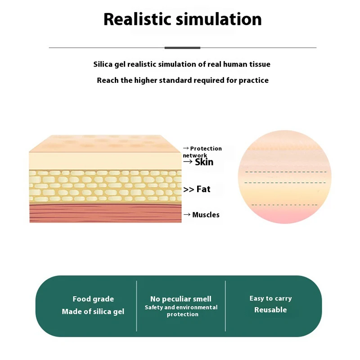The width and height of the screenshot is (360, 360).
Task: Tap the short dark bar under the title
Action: pyautogui.click(x=182, y=47)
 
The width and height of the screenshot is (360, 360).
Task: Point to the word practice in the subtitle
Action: pyautogui.click(x=253, y=81)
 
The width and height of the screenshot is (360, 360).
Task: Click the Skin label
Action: pyautogui.click(x=204, y=162)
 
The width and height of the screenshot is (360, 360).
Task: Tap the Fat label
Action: pyautogui.click(x=203, y=189)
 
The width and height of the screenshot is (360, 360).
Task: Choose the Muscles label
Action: pyautogui.click(x=206, y=215)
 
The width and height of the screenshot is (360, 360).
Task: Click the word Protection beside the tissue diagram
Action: pyautogui.click(x=206, y=148)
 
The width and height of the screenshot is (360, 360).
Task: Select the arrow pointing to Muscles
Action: pyautogui.click(x=187, y=215)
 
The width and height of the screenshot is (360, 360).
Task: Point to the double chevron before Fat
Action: pyautogui.click(x=189, y=190)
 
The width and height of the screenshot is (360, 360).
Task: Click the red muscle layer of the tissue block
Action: pyautogui.click(x=105, y=213)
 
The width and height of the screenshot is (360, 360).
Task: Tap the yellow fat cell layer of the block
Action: pyautogui.click(x=105, y=186)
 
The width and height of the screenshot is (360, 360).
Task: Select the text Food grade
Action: pyautogui.click(x=93, y=299)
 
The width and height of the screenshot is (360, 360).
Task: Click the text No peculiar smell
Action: pyautogui.click(x=181, y=299)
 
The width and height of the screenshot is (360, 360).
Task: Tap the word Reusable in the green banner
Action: pyautogui.click(x=270, y=310)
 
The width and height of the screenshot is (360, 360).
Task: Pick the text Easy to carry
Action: pyautogui.click(x=270, y=298)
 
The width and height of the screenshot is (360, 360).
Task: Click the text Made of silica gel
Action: pyautogui.click(x=93, y=312)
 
